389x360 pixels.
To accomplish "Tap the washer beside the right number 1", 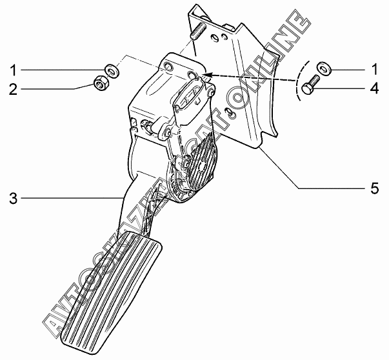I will coord(323,67).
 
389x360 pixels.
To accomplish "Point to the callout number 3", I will coord(14,197).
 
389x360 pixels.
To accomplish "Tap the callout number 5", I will coord(374,188).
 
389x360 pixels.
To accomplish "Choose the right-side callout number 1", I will coord(374,68).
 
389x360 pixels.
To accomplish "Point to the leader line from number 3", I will coord(71,197).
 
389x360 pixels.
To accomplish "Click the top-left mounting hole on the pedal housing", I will coord(168,67).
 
